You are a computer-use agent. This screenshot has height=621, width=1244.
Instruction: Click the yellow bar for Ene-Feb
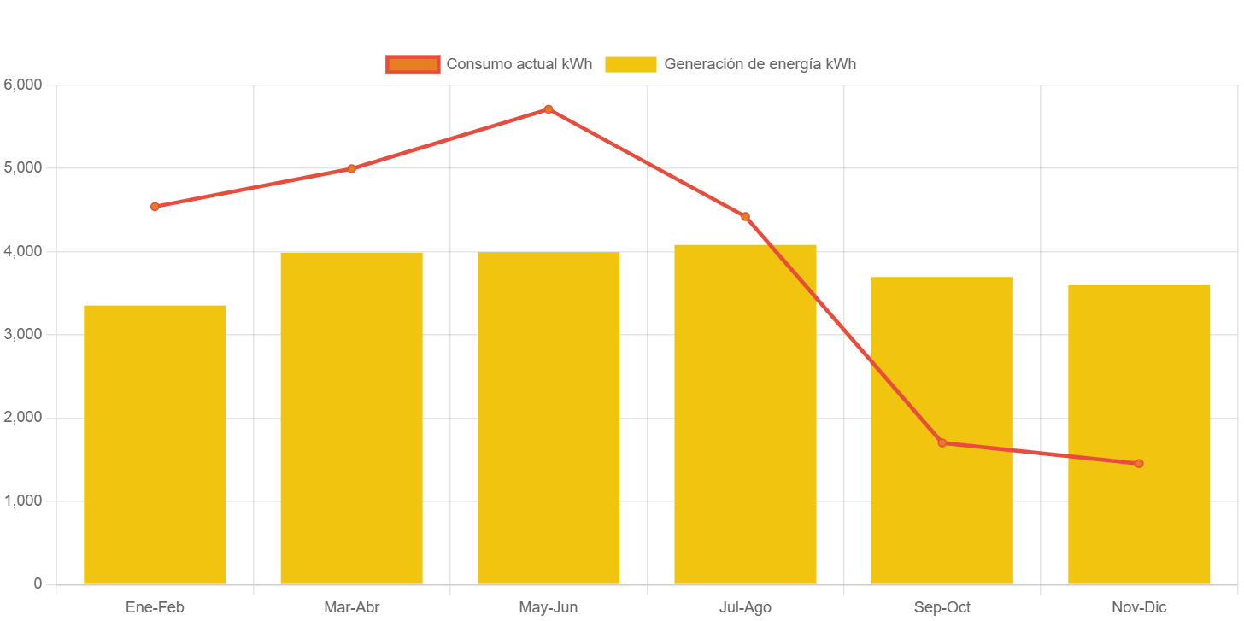coord(155,444)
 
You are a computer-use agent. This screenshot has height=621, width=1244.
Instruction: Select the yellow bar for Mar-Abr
coord(351,418)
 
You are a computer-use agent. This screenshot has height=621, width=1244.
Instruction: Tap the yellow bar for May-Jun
coord(549,418)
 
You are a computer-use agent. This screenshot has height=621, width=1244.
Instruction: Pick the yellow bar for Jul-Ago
coord(745,414)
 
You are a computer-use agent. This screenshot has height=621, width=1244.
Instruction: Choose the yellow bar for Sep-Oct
coord(942,431)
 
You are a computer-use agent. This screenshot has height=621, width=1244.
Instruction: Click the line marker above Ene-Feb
coord(155,207)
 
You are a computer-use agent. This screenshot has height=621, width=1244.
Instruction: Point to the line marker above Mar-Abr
coord(351,168)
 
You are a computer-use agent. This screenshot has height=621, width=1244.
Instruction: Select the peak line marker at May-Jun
coord(549,109)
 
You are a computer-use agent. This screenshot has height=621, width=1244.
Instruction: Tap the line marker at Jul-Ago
coord(745,217)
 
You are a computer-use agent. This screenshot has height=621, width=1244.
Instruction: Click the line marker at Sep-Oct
coord(942,442)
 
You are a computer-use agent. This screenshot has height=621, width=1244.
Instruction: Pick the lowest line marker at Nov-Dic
coord(1139,464)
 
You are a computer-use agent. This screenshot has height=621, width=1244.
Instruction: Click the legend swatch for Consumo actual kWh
coord(413,64)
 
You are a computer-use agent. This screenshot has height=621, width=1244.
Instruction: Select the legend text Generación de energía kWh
coord(760,64)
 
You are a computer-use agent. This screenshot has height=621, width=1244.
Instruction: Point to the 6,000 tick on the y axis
coord(23,85)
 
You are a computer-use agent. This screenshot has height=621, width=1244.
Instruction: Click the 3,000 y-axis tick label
coord(23,334)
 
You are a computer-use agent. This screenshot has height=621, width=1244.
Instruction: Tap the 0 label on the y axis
coord(38,583)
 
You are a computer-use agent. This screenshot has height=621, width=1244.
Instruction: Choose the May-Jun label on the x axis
coord(549,607)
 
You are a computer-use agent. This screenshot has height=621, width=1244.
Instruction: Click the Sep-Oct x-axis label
coord(942,607)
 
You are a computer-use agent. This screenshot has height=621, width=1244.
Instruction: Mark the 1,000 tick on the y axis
coord(23,501)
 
